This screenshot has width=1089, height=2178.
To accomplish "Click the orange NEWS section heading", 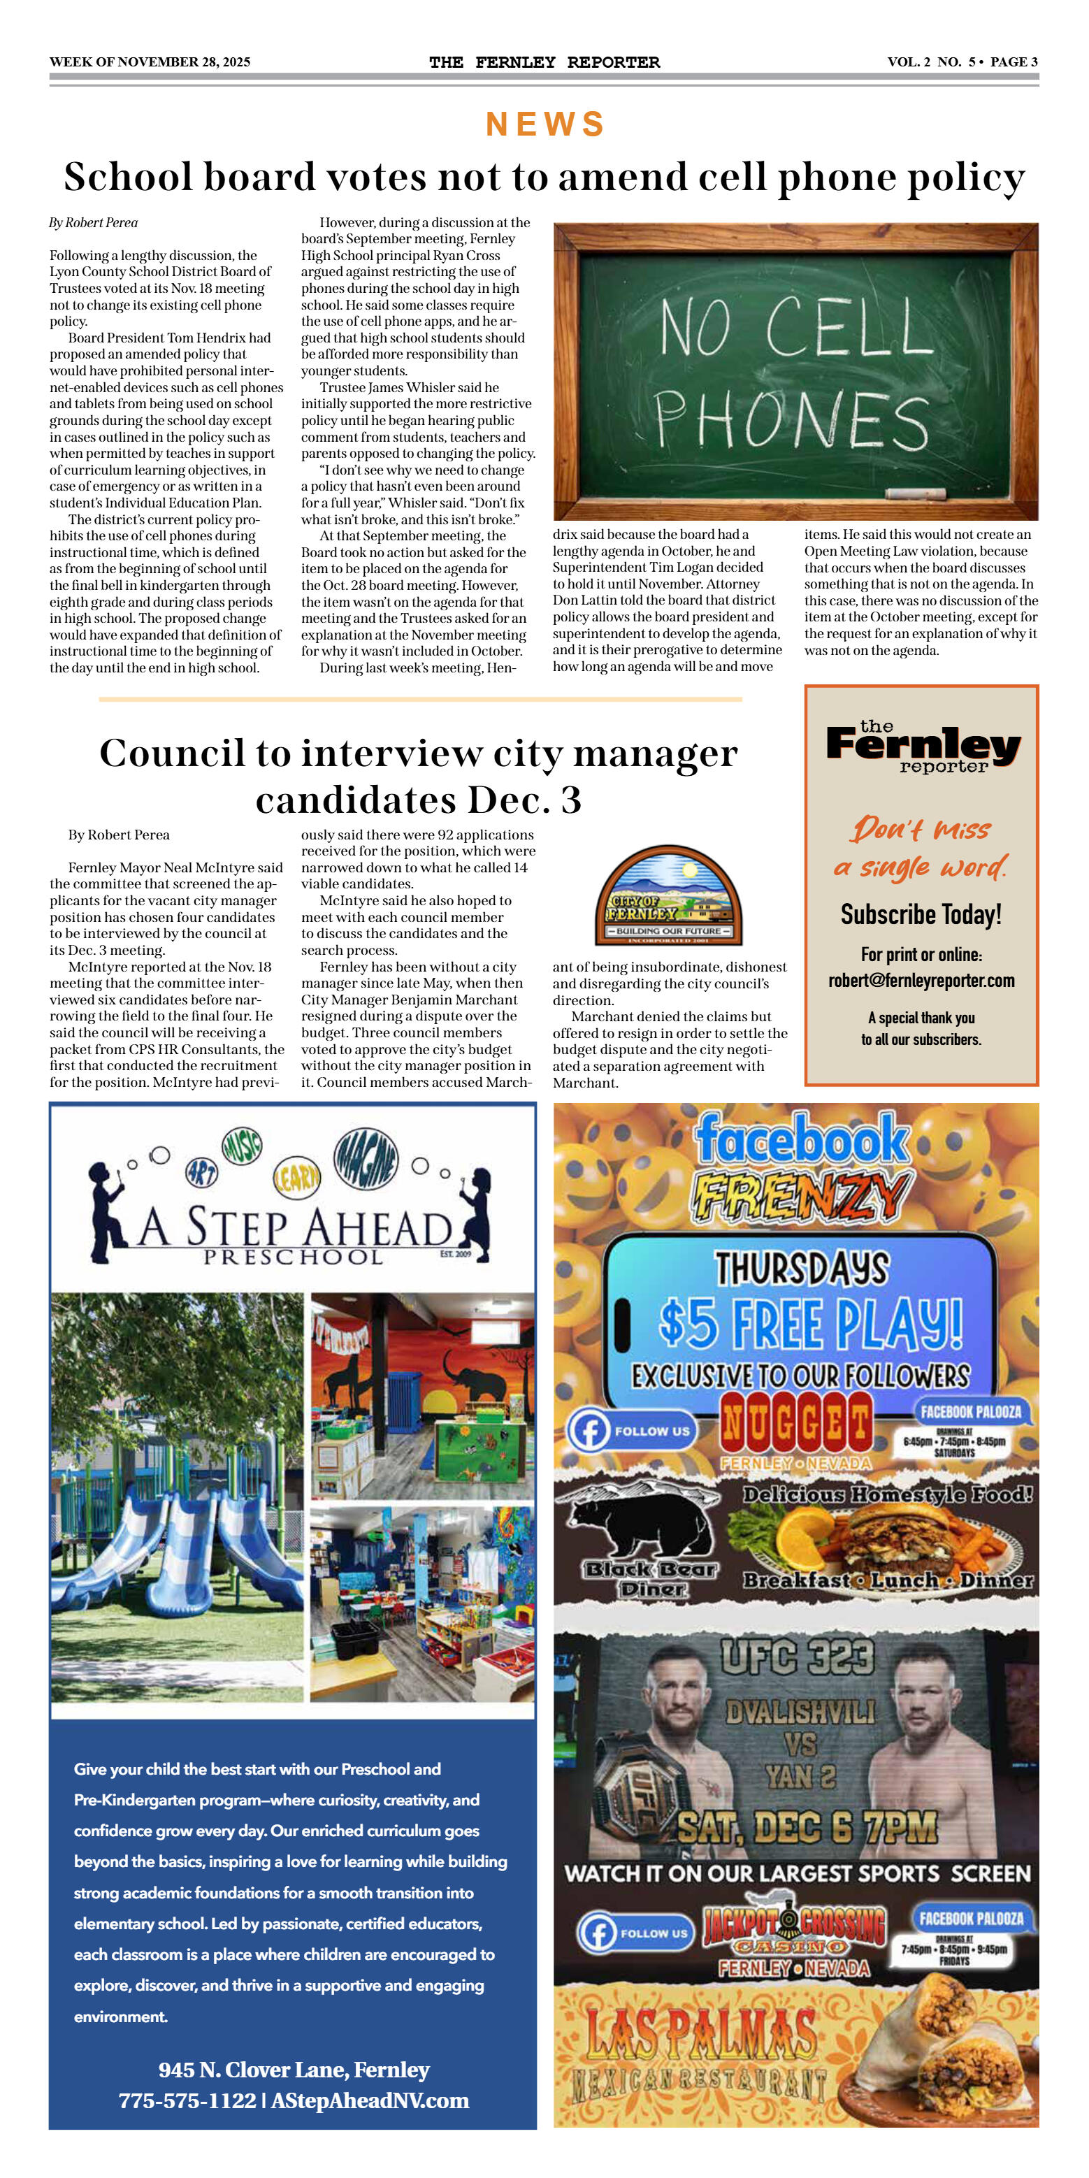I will click(x=544, y=124).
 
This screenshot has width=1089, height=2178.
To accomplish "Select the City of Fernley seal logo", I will click(x=669, y=896).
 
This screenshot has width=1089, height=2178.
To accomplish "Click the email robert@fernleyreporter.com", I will click(x=921, y=981).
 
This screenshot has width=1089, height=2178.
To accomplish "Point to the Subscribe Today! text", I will click(x=921, y=915).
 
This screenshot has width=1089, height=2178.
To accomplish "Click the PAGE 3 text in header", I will click(x=1014, y=62).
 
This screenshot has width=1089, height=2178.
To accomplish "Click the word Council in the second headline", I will click(x=172, y=753).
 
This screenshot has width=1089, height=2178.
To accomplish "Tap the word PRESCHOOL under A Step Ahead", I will click(x=293, y=1257).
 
